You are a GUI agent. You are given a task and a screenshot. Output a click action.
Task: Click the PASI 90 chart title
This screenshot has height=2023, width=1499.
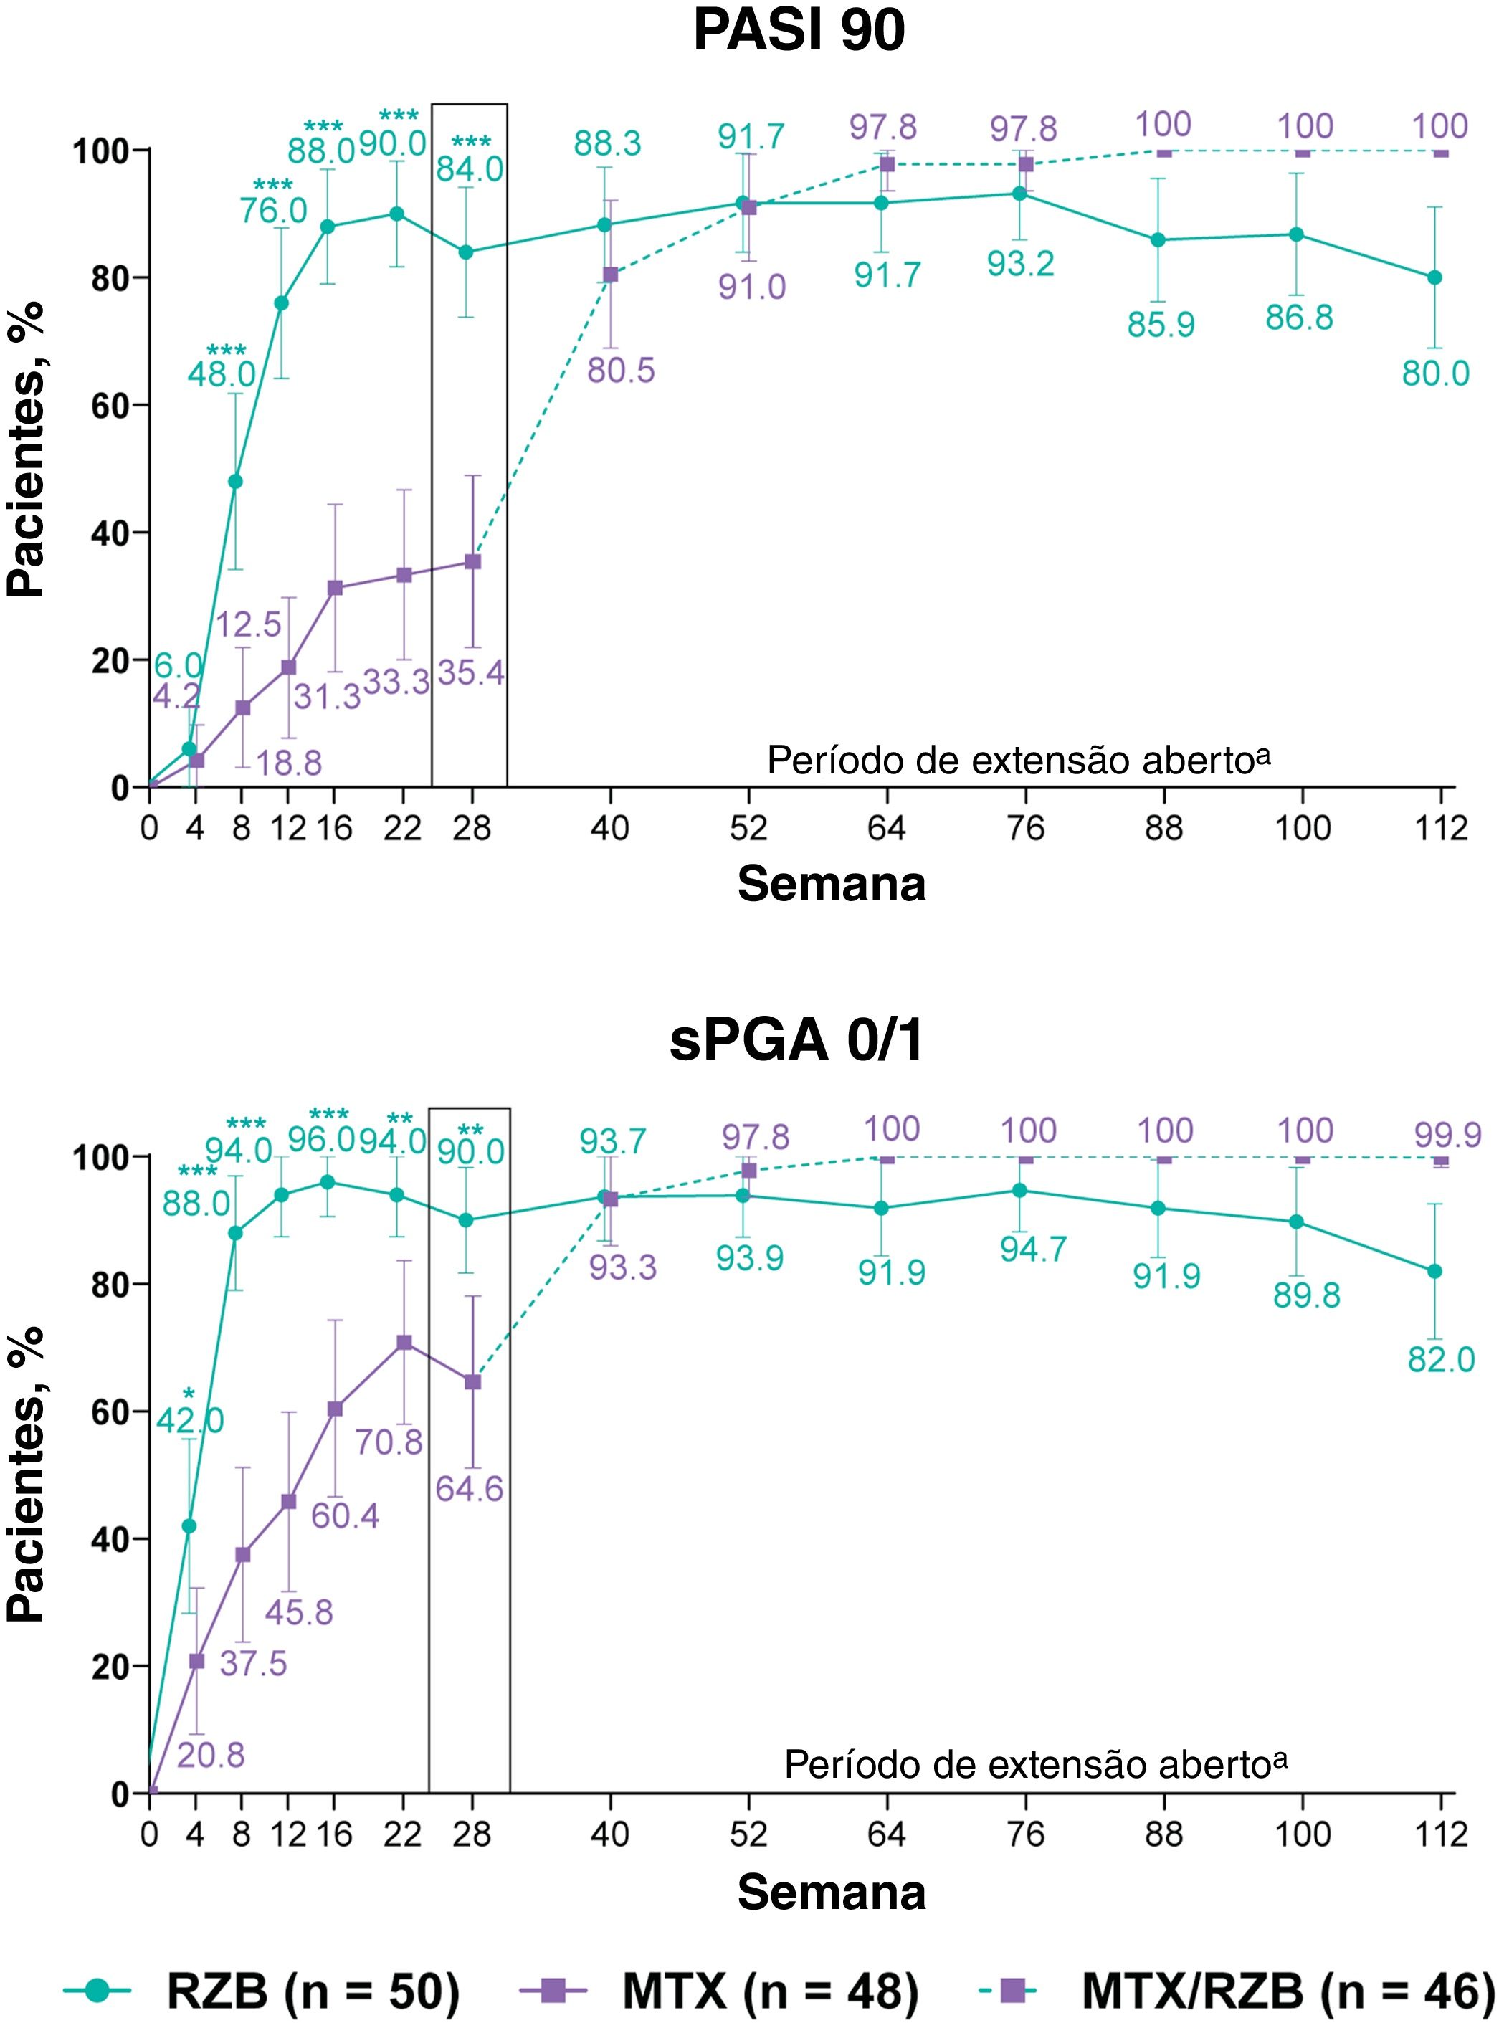point(799,31)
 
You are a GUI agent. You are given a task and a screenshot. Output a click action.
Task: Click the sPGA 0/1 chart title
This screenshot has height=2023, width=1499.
point(796,1039)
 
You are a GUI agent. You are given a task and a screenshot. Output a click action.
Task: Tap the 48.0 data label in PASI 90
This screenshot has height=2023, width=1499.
point(222,373)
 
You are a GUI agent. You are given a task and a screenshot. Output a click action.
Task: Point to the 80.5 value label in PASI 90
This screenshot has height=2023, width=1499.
point(621,370)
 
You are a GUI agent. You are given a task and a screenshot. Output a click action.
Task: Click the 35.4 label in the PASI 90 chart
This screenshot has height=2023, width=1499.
point(471,672)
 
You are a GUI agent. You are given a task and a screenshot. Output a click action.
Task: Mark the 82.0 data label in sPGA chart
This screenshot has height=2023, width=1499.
point(1441,1359)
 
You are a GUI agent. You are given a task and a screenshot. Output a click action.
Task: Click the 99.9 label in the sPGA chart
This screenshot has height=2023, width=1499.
point(1447,1134)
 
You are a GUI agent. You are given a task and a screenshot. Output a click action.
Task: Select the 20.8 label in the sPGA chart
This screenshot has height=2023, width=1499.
point(211,1756)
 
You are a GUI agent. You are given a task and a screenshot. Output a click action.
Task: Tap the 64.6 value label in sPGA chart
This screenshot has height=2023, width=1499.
point(469,1489)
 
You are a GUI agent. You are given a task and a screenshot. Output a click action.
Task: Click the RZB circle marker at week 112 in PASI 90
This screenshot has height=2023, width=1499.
point(1434,277)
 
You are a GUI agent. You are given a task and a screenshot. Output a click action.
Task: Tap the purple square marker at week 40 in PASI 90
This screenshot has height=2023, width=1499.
point(610,274)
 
